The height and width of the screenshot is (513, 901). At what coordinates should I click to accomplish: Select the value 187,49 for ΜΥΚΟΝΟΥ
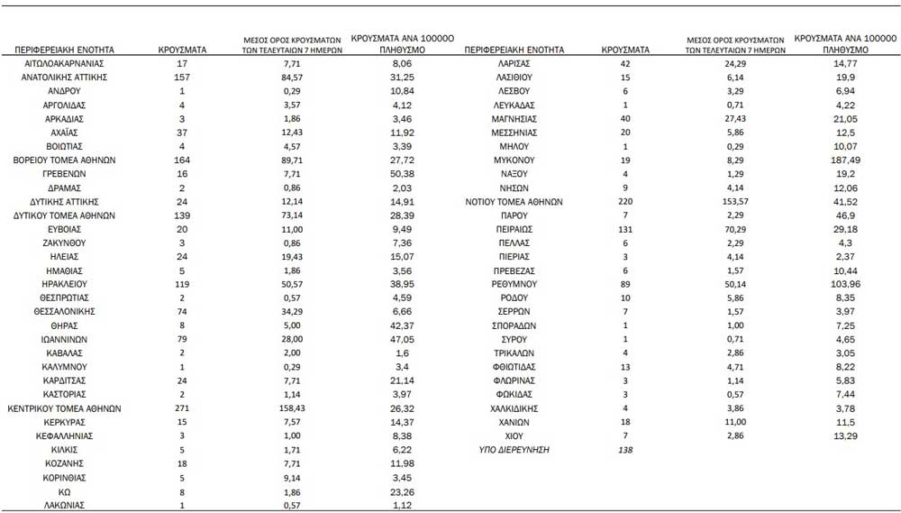point(844,159)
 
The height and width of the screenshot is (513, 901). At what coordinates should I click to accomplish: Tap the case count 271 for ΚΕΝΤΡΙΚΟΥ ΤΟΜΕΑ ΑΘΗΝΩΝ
point(183,408)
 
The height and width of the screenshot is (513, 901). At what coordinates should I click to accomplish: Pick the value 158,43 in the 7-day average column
point(291,408)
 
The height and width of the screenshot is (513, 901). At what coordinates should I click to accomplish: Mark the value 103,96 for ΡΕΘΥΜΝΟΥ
point(844,282)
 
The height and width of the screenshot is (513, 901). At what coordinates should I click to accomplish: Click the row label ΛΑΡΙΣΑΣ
point(513,65)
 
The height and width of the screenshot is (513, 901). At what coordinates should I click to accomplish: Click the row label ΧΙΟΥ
point(513,435)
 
